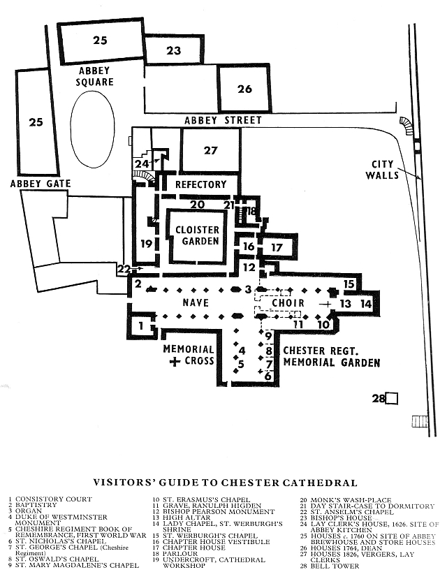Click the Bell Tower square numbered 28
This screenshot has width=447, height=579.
pos(392,398)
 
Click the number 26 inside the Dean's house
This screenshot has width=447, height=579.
pos(244,89)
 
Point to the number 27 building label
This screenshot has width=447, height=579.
pos(211,150)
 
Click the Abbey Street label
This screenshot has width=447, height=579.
pos(223,120)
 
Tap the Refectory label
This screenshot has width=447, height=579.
pos(201,184)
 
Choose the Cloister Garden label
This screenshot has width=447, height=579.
pos(197,235)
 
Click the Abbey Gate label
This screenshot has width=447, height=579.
pos(40,184)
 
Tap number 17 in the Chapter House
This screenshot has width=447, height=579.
pos(277,247)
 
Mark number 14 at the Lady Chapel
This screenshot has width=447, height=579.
pos(366,304)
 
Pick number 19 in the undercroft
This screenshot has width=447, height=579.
pos(146,244)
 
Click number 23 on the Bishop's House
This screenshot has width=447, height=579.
pos(173,50)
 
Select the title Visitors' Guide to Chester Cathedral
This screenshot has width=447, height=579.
pos(225,483)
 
